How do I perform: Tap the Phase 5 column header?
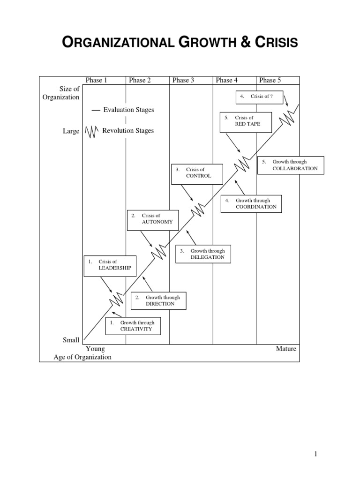[270, 80]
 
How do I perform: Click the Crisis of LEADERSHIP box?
[110, 265]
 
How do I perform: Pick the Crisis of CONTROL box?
[196, 172]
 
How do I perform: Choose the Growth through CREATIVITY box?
[133, 326]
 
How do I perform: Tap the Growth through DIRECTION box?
[158, 300]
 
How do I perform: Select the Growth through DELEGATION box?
[203, 254]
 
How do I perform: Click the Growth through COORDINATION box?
[251, 203]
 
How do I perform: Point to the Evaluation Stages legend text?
[128, 110]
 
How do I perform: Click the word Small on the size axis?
[71, 340]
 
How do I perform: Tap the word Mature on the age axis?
[286, 349]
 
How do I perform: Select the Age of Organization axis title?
[82, 357]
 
